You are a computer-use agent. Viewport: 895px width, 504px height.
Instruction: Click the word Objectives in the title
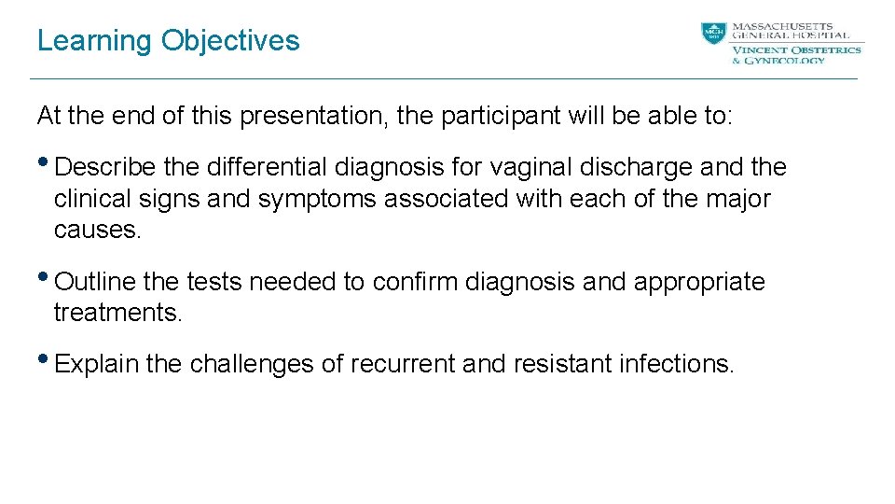click(230, 41)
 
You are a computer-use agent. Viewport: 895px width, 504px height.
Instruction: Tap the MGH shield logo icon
click(713, 35)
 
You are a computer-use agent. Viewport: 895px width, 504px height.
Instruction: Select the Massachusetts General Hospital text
click(790, 31)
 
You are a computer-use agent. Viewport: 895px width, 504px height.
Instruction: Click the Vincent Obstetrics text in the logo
click(796, 49)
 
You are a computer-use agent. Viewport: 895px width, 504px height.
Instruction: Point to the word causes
click(97, 230)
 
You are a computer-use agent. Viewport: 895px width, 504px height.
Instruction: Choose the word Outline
click(95, 282)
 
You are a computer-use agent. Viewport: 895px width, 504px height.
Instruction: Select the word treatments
click(117, 313)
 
